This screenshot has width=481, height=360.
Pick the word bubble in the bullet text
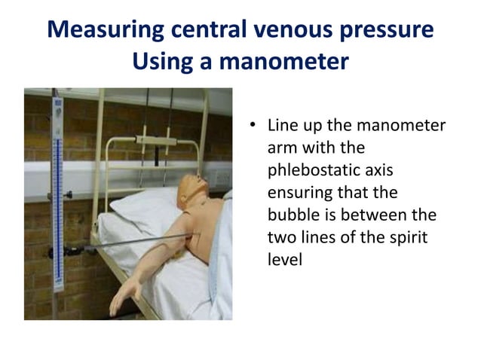click(x=296, y=215)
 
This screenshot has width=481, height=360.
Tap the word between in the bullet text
click(x=369, y=215)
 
